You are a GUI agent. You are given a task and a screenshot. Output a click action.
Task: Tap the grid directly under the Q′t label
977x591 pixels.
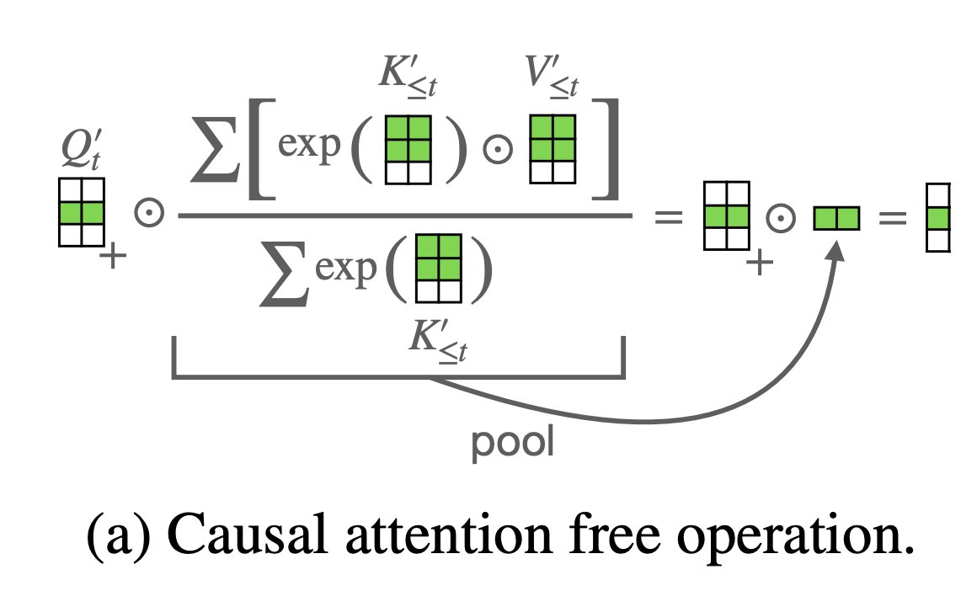(x=81, y=211)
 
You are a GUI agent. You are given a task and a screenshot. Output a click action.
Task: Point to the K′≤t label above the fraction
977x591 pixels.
(x=409, y=81)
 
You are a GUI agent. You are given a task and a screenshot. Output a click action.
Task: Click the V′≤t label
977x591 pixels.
(x=553, y=81)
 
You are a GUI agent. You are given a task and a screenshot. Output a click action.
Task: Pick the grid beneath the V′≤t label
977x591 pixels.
(x=552, y=149)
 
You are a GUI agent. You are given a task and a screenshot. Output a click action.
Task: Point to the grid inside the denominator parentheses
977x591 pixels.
(x=439, y=269)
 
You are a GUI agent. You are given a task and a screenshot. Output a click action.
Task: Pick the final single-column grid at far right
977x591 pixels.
(x=937, y=217)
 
